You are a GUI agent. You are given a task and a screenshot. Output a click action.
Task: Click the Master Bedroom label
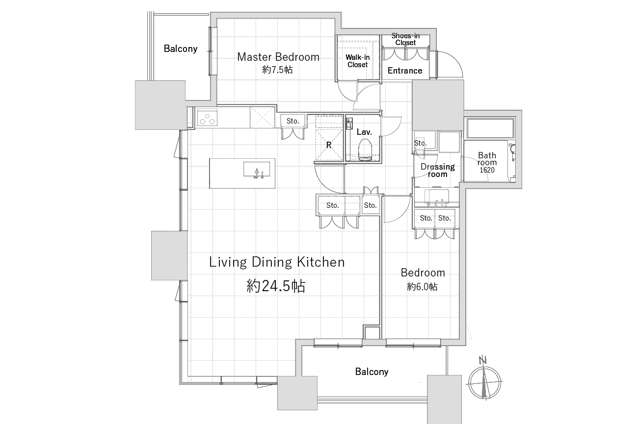278,57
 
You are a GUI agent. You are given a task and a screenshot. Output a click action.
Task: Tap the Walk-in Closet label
357,61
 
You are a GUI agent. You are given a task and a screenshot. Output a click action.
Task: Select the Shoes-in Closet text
405,39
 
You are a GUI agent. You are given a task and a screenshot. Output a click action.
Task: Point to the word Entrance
405,71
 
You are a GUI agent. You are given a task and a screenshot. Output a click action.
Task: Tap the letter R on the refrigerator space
329,145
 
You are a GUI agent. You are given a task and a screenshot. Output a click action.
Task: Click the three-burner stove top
207,118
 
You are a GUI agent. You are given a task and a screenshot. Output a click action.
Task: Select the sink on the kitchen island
257,170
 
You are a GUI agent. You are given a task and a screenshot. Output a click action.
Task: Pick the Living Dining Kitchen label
277,262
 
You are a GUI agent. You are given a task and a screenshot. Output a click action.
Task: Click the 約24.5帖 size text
276,286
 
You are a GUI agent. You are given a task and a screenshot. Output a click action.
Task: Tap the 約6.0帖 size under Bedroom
422,287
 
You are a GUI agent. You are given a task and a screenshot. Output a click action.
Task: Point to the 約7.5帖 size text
277,70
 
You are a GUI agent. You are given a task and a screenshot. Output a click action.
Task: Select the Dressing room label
437,170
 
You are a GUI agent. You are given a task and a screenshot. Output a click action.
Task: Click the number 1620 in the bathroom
487,170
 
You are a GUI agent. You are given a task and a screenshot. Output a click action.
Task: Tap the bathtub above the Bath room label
490,127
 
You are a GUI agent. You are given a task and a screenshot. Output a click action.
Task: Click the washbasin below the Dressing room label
436,197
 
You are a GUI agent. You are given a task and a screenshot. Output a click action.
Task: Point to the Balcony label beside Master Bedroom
181,49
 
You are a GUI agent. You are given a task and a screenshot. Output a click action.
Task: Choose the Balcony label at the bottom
372,372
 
